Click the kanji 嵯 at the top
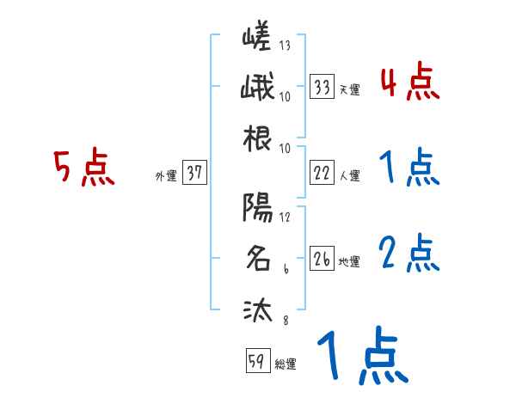click(257, 38)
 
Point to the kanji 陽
click(257, 207)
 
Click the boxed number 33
click(322, 88)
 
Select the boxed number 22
click(322, 173)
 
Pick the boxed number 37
click(194, 174)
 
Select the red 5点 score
click(83, 168)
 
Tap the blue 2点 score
click(409, 254)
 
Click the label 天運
click(349, 90)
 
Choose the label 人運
click(349, 176)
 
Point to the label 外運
click(166, 176)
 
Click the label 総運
click(286, 364)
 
